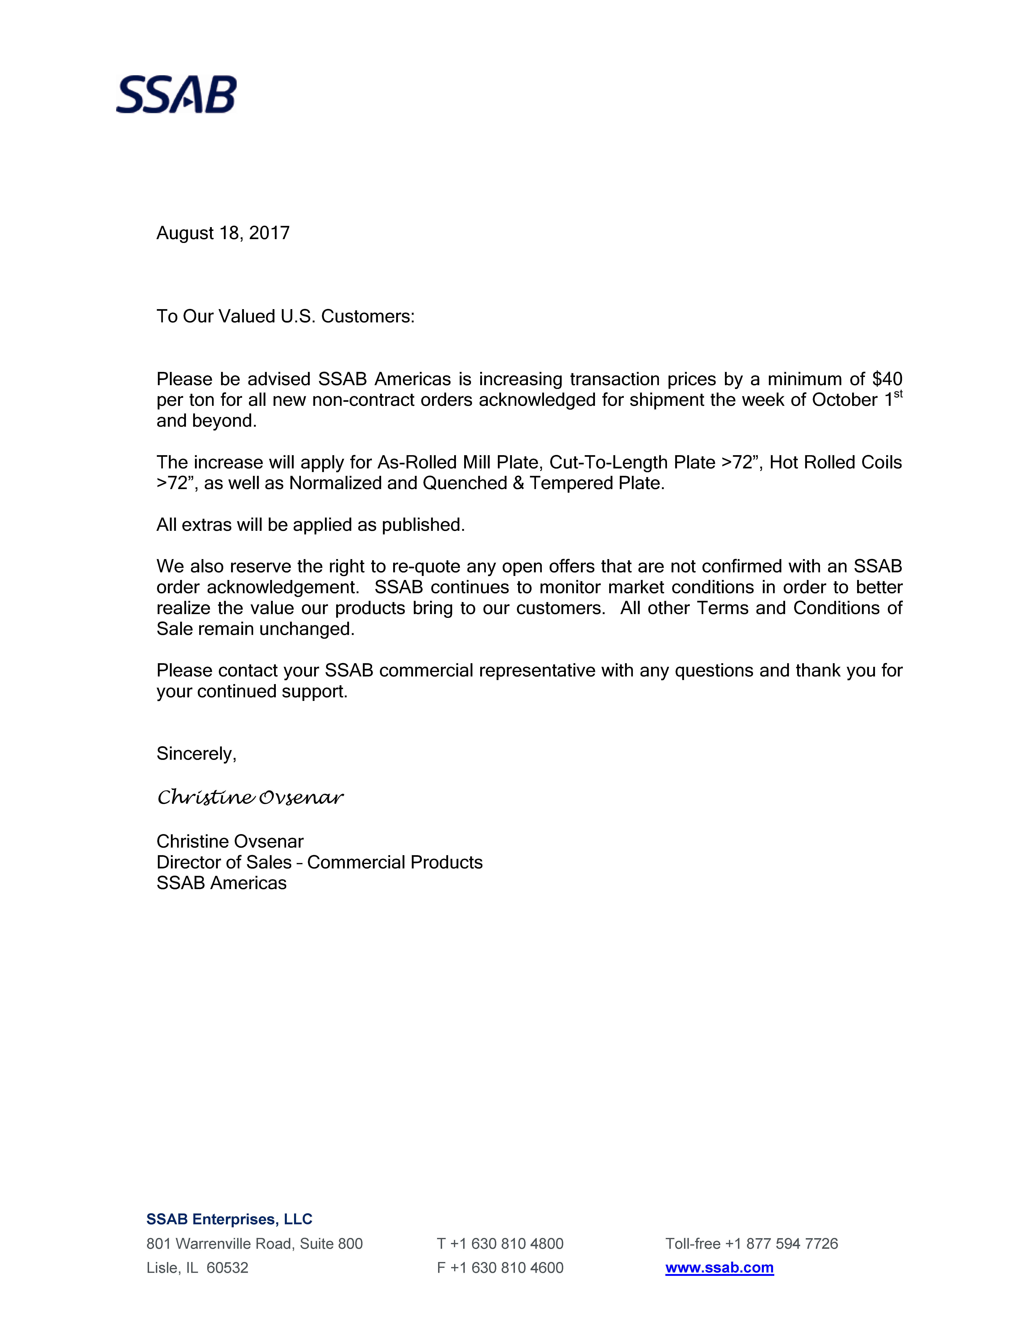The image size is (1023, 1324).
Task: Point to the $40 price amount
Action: pyautogui.click(x=887, y=380)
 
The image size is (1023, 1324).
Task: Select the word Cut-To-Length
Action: pyautogui.click(x=609, y=463)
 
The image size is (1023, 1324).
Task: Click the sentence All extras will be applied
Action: pyautogui.click(x=310, y=525)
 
